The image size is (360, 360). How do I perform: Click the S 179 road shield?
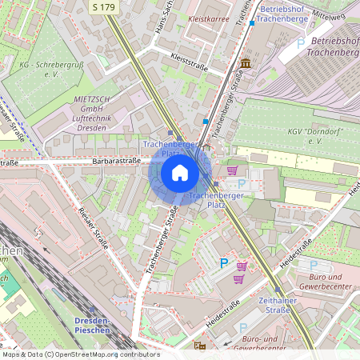coord(103,6)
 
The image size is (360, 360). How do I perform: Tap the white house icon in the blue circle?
coord(180,173)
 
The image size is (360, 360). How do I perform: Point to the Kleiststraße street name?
coord(190,63)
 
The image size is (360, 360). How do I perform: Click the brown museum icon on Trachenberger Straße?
coord(244,63)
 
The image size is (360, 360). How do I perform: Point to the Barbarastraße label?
coord(117,160)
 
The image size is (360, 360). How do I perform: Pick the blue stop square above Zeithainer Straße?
coord(278,290)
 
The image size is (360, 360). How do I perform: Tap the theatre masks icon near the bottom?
coord(199,346)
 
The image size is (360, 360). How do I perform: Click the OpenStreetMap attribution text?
coord(80,354)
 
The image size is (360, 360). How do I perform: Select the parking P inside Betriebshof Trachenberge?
coord(300,43)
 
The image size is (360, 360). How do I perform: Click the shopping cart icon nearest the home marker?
coord(232,170)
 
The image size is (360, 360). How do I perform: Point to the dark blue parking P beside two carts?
coord(224,262)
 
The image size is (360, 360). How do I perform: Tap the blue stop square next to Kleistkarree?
coord(252,23)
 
